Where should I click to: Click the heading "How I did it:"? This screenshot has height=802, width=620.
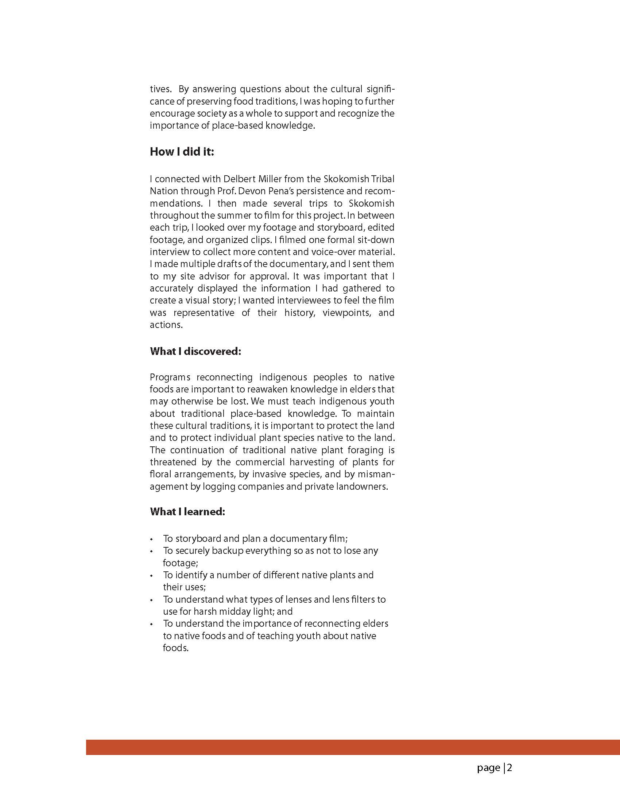[182, 152]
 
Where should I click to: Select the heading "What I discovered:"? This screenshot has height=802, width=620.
[195, 351]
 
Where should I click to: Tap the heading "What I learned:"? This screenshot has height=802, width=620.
[187, 511]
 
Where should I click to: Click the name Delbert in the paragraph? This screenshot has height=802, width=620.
[239, 179]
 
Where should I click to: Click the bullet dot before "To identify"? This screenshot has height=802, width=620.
[151, 575]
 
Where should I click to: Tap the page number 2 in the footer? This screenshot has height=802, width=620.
[509, 767]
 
